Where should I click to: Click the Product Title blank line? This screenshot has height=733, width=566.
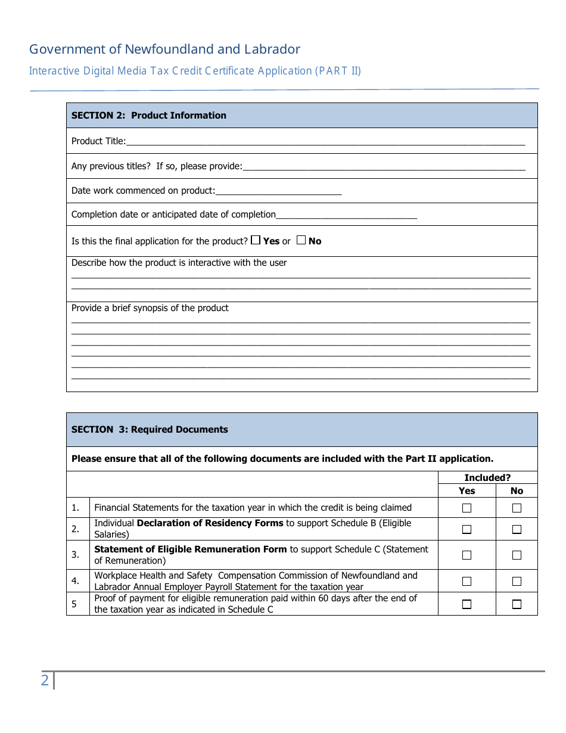coord(325,142)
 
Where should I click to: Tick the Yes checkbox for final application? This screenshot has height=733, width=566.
coord(256,240)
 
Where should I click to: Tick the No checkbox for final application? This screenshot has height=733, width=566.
coord(301,240)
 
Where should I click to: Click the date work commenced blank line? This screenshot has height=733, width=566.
coord(278,191)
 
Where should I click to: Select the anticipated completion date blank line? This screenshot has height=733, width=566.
coord(346,215)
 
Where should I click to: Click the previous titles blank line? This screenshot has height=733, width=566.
coord(384,167)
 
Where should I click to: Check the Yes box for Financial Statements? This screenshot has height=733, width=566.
coord(467,508)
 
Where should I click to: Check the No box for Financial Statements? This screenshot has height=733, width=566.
coord(517,508)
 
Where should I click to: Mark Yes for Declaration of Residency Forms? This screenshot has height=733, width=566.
coord(467,529)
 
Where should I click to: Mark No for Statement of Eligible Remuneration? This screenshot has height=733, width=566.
coord(517,555)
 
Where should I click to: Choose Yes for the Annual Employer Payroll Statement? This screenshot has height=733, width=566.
coord(467,581)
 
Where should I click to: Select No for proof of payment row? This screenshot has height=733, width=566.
coord(517,604)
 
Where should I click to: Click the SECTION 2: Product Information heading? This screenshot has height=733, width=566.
coord(149,116)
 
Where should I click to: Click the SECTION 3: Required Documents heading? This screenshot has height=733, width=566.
coord(150,430)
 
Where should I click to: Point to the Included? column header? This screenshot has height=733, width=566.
coord(487,477)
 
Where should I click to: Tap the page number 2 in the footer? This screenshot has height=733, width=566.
coord(45,680)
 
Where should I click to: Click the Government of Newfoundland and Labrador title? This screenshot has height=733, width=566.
coord(164,49)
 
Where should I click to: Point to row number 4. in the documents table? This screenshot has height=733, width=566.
coord(76,581)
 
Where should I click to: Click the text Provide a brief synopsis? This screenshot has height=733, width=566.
coord(150,308)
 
